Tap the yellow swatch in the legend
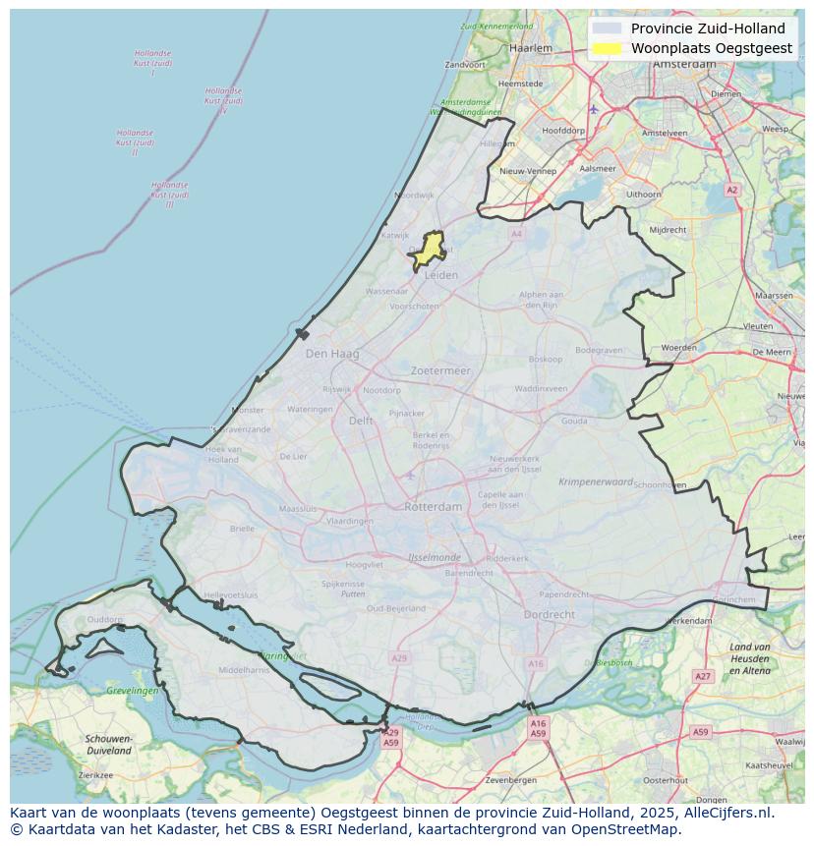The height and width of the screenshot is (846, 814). [x=608, y=48]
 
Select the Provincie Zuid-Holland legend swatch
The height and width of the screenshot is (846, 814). [x=608, y=28]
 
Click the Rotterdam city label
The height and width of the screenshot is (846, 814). [x=433, y=507]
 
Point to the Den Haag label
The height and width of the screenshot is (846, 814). [x=332, y=354]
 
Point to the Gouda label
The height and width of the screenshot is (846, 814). [x=574, y=421]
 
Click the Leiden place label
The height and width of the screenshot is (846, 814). [x=440, y=275]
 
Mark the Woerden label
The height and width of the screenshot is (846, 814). [x=678, y=348]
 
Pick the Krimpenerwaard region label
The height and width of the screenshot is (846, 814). [x=596, y=482]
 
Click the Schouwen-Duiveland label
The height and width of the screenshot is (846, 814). [x=108, y=744]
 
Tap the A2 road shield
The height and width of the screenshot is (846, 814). [x=731, y=190]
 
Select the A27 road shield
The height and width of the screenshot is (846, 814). [x=702, y=676]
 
